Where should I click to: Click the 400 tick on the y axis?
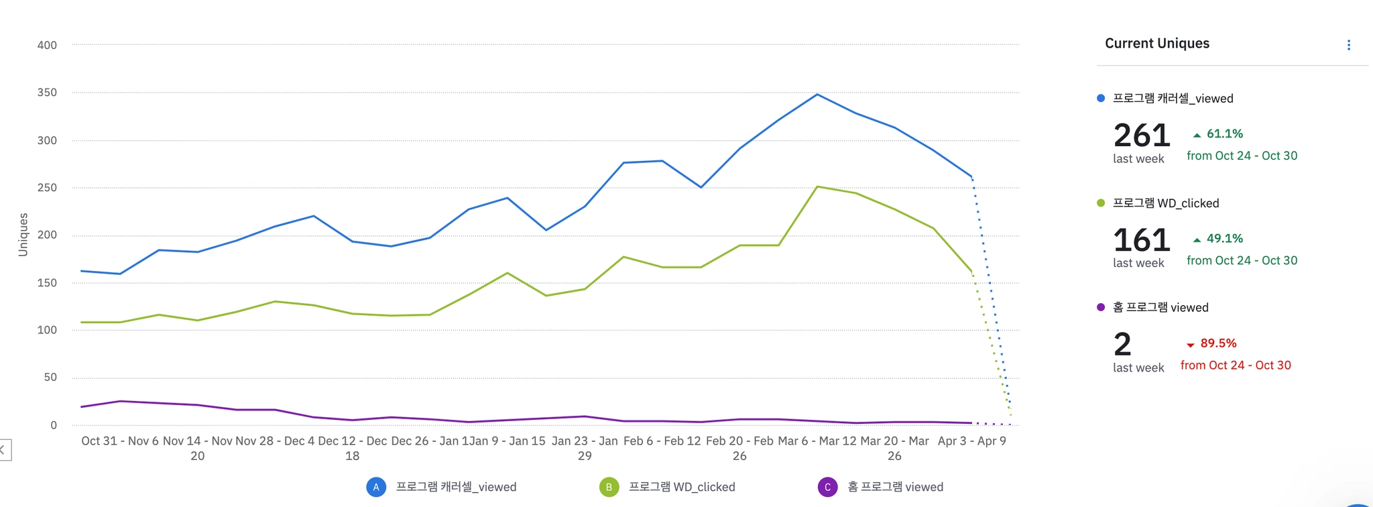click(47, 45)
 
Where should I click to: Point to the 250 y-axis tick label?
click(47, 188)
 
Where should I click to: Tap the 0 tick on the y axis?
click(54, 425)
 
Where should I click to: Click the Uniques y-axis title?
click(23, 235)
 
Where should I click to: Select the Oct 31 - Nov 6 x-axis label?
click(120, 441)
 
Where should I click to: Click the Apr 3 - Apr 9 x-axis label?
click(971, 441)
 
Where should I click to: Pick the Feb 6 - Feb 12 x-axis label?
click(662, 441)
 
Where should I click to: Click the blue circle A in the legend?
click(376, 487)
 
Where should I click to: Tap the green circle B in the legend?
click(609, 487)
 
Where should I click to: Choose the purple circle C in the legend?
click(827, 487)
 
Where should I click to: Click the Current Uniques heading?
click(1157, 44)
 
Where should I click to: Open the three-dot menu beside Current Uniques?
click(1348, 45)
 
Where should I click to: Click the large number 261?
click(1142, 135)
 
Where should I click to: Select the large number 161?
click(1142, 240)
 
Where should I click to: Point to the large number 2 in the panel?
click(1122, 345)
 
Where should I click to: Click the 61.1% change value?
click(1224, 134)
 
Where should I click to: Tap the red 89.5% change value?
click(1217, 343)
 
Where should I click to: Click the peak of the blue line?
click(817, 95)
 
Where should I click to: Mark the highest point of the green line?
click(817, 186)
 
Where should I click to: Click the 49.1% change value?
click(1224, 239)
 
